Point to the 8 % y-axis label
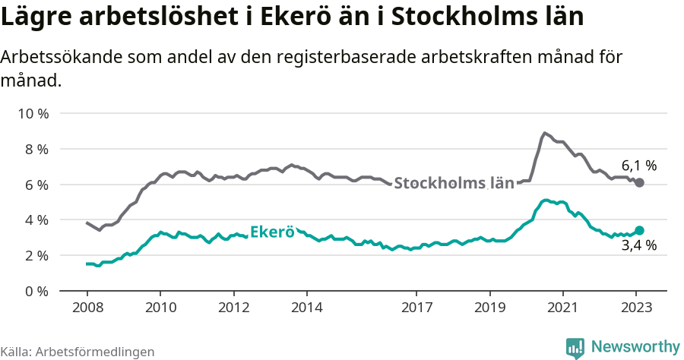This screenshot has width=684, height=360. click(36, 149)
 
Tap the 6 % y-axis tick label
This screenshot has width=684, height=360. click(36, 185)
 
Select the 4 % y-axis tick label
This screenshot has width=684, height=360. click(36, 220)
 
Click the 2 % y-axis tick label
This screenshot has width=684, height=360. click(36, 255)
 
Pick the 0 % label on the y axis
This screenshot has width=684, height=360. click(36, 291)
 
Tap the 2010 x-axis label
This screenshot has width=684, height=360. click(160, 308)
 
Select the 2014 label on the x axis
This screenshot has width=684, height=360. click(306, 308)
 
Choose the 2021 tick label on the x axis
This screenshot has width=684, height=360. click(563, 308)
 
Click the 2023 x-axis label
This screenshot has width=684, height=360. click(636, 308)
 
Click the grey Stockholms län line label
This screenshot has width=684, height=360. click(454, 183)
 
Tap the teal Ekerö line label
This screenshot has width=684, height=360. click(272, 232)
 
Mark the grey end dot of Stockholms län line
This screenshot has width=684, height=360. click(639, 183)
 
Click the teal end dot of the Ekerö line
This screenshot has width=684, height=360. click(639, 230)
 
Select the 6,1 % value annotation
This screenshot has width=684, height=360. click(638, 166)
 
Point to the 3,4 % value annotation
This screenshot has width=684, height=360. click(638, 245)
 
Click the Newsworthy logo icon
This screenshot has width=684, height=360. click(575, 348)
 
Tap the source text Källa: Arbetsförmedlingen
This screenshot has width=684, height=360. click(78, 352)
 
